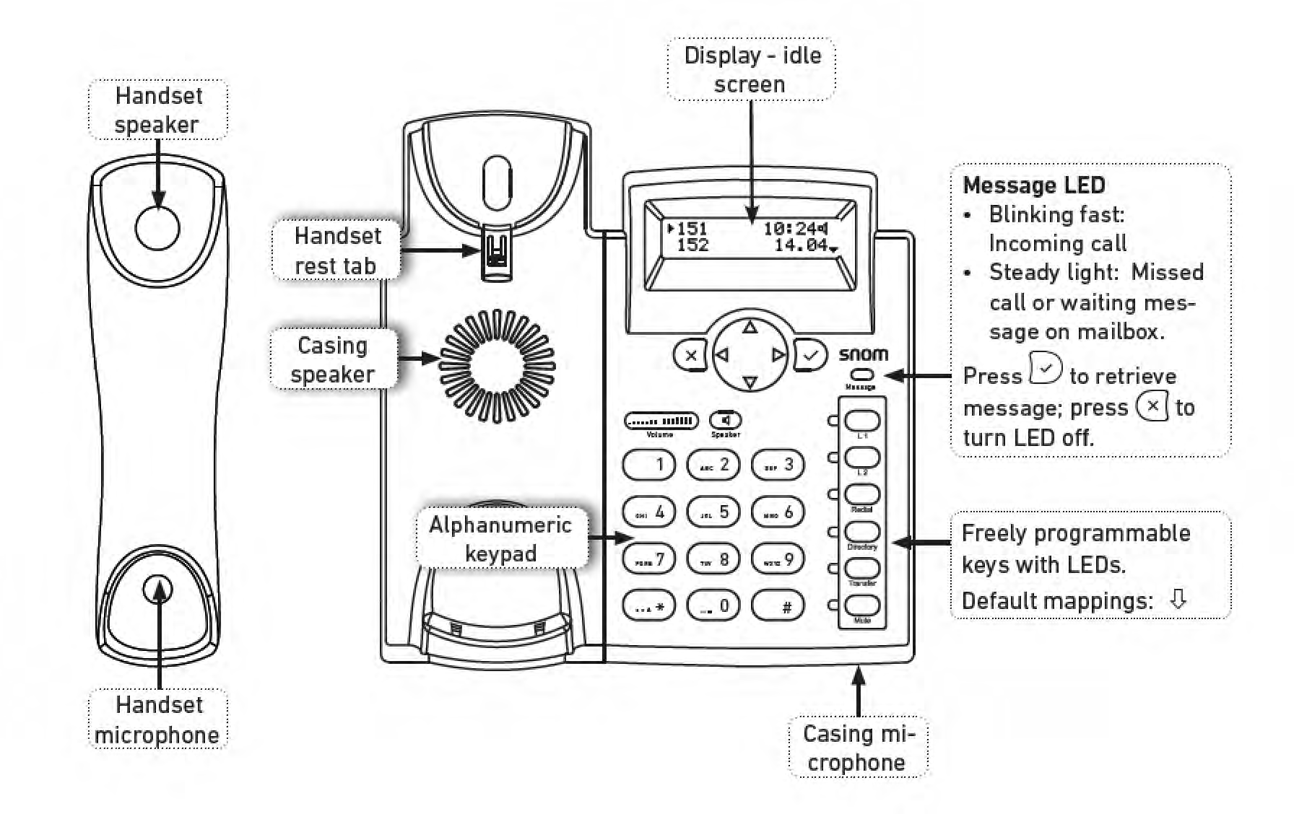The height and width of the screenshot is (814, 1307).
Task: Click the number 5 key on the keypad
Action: (713, 512)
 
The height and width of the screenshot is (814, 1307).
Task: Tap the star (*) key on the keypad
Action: (648, 605)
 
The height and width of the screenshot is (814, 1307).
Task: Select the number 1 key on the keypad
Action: (648, 464)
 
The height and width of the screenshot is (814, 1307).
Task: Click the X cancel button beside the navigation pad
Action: (690, 355)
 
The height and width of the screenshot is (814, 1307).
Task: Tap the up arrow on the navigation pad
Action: (750, 328)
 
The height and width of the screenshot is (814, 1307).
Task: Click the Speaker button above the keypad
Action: (726, 420)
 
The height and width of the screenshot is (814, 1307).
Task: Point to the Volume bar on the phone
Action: (661, 421)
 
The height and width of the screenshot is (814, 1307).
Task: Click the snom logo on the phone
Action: (863, 354)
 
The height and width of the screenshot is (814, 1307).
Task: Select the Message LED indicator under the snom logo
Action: (861, 375)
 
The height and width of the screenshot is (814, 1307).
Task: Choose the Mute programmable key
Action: (862, 605)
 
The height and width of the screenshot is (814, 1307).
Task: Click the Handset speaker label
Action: (157, 110)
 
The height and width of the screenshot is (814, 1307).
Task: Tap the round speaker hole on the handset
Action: (157, 228)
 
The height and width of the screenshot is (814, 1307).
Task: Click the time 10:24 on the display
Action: (789, 229)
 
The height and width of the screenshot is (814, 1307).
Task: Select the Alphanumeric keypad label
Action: (501, 538)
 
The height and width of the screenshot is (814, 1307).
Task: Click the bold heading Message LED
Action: (1033, 185)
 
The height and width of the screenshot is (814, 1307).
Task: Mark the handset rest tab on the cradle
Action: (496, 252)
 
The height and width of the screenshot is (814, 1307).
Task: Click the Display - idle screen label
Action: (751, 69)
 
